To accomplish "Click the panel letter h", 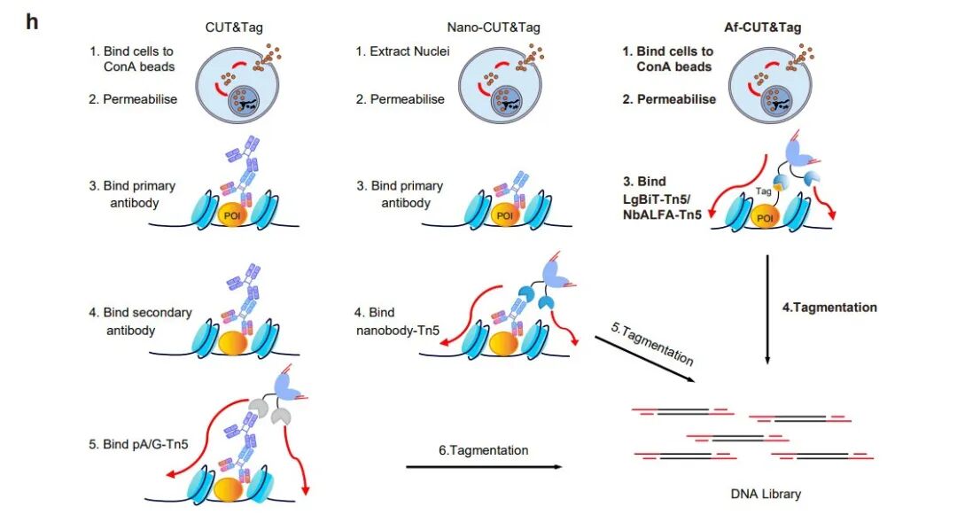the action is (x=32, y=22).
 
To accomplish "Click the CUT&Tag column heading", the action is (x=234, y=27).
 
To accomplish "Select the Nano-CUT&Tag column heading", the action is (x=494, y=27).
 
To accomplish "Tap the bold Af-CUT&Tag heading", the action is (x=762, y=27).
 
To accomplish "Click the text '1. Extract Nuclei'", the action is (x=403, y=51).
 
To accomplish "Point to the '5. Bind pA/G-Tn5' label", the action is (x=138, y=445).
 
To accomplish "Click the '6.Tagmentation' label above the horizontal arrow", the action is (x=484, y=450).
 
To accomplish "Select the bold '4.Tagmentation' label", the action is (x=829, y=308).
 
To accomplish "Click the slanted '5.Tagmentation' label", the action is (x=652, y=345).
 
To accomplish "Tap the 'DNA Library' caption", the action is (x=766, y=494).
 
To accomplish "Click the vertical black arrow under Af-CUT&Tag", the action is (x=767, y=309).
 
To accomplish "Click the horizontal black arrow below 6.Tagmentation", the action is (x=484, y=467).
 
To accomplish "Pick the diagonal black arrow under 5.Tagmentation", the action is (x=645, y=359).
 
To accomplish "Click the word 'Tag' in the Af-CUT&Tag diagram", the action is (x=764, y=191).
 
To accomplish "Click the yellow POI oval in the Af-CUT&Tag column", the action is (x=765, y=217).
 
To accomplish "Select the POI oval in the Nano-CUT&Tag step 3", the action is (x=505, y=215).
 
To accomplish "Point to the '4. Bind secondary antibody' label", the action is (x=140, y=321).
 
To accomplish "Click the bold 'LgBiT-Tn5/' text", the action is (x=657, y=199).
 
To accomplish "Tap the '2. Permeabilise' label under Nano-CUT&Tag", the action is (x=401, y=99).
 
